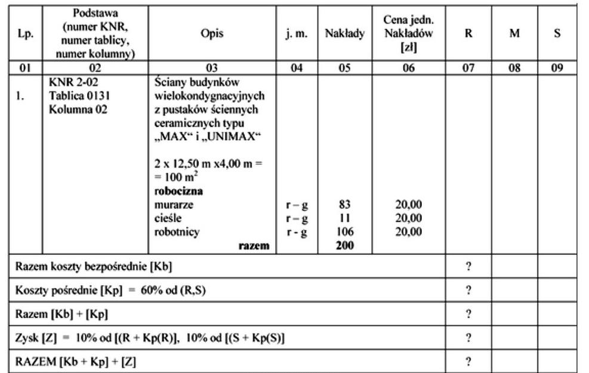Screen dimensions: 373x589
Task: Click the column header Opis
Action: pos(212,34)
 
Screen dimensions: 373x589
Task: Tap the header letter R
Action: pos(468,34)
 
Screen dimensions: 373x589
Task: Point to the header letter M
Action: pos(513,34)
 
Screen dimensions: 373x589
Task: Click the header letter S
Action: pos(557,34)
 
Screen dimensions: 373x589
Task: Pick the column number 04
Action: pos(297,68)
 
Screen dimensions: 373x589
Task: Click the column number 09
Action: pos(557,68)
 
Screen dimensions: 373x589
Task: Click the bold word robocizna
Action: pos(179,192)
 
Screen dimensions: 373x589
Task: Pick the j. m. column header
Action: pos(297,34)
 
